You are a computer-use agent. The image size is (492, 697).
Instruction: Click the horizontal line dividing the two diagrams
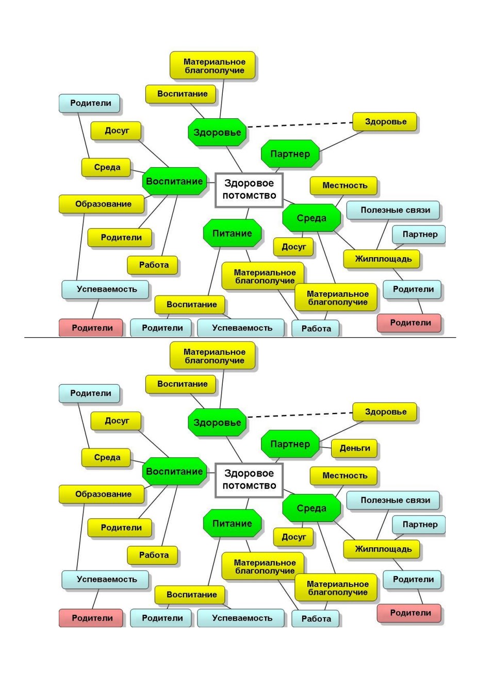click(x=240, y=337)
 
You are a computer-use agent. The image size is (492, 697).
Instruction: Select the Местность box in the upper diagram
click(x=343, y=186)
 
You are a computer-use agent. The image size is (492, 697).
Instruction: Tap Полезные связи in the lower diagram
click(x=393, y=500)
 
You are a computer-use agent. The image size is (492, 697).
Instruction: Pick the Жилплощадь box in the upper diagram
click(x=381, y=259)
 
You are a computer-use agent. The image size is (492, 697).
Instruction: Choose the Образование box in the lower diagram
click(x=102, y=494)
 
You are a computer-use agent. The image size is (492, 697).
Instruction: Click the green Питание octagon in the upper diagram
click(x=232, y=233)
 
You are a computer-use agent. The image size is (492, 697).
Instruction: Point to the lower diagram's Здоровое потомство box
click(x=249, y=480)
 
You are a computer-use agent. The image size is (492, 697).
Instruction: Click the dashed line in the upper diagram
click(x=300, y=125)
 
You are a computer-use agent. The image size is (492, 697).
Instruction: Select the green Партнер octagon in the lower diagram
click(x=290, y=444)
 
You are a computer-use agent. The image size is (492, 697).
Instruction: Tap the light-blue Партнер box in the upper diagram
click(x=419, y=234)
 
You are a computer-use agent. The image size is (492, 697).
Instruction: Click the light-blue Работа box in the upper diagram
click(x=315, y=328)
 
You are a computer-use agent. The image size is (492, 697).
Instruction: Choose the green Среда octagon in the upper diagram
click(x=311, y=218)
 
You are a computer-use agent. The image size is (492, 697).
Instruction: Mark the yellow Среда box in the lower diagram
click(x=106, y=457)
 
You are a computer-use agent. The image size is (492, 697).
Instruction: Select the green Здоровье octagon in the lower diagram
click(x=217, y=422)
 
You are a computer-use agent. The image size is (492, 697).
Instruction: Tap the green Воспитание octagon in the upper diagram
click(x=174, y=181)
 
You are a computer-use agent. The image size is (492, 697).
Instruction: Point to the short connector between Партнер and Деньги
click(x=325, y=448)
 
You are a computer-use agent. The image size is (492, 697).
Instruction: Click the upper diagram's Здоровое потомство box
click(x=249, y=191)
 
